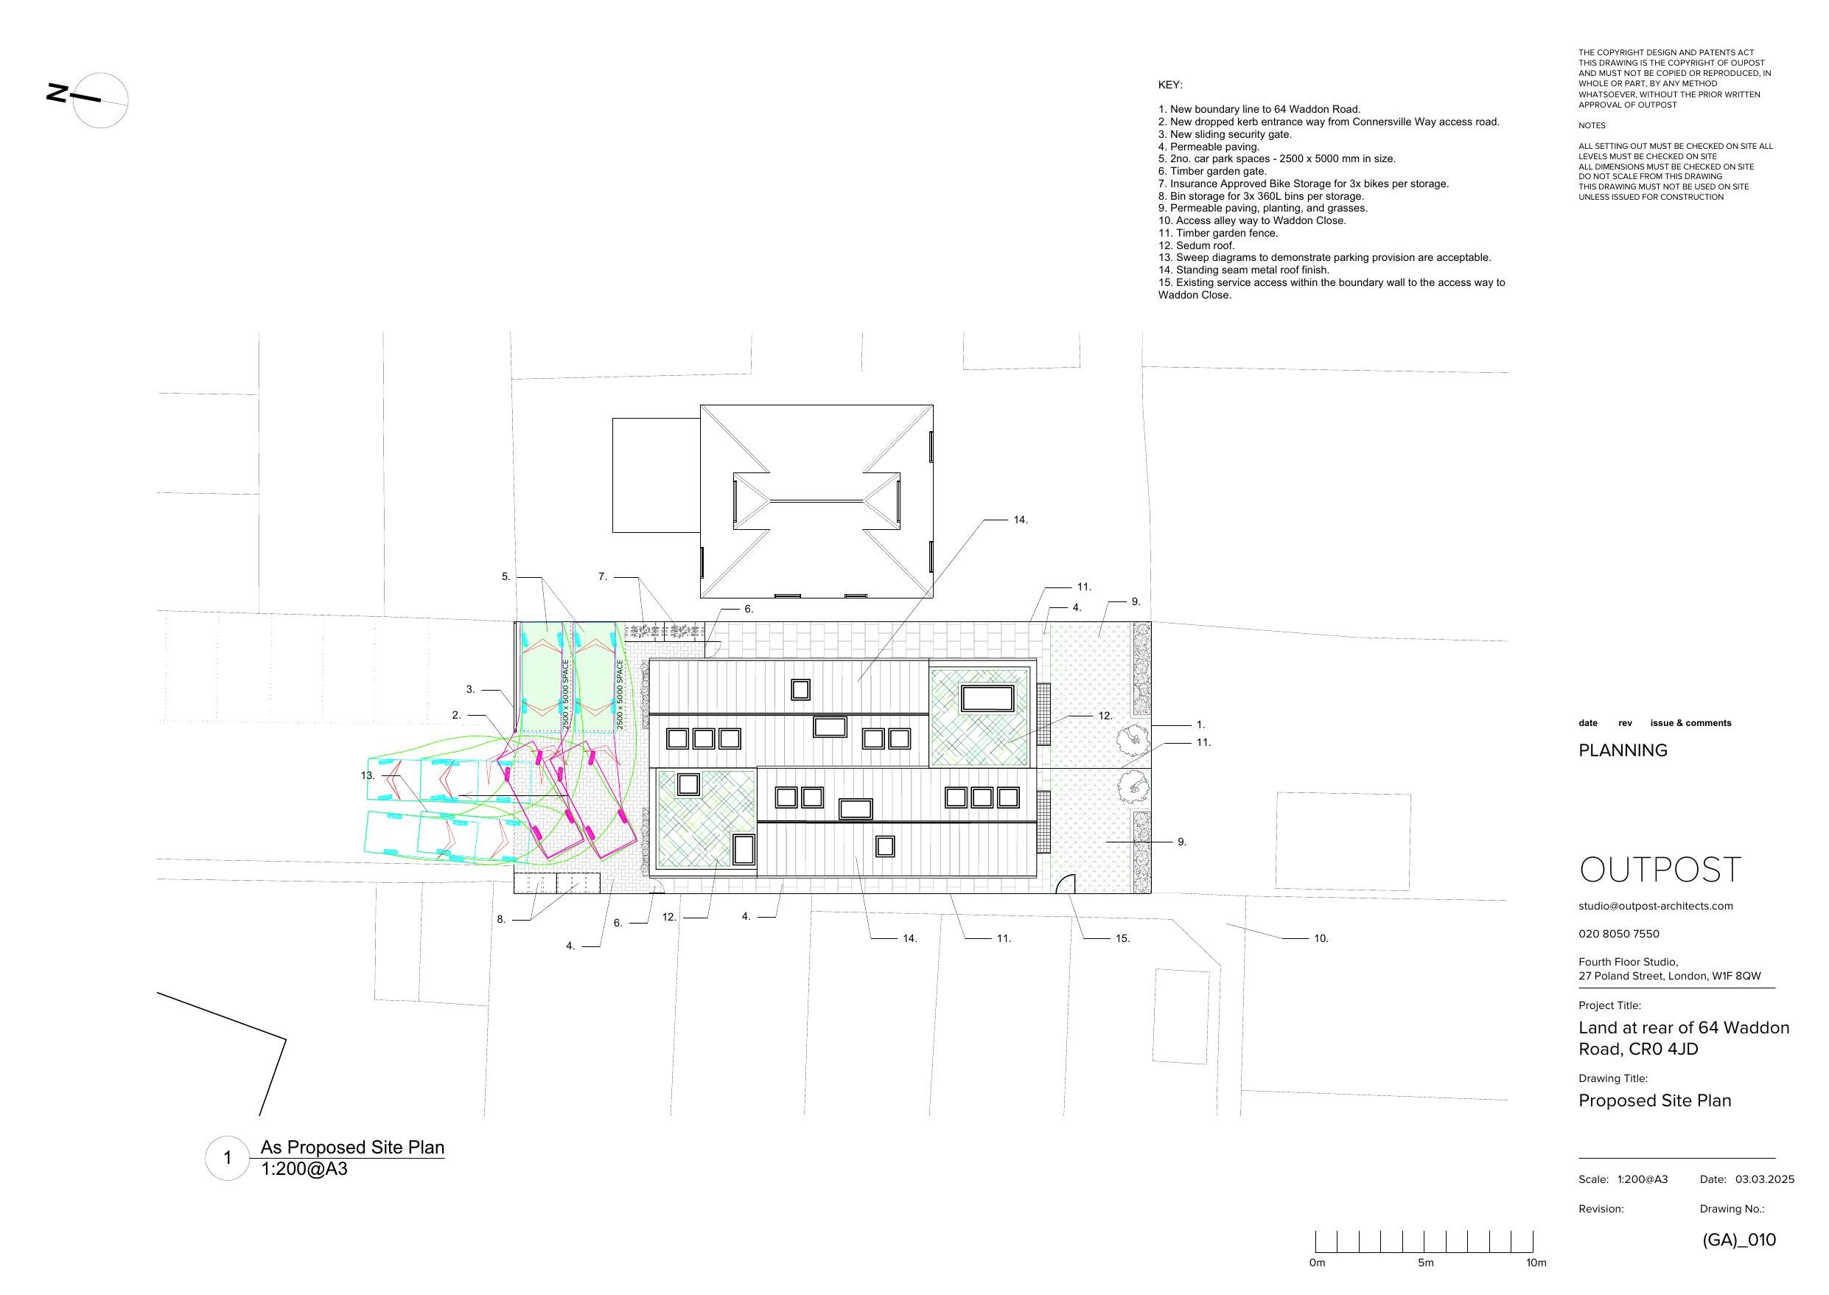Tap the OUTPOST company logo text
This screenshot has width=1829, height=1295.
point(1660,869)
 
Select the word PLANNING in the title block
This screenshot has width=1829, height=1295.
point(1623,750)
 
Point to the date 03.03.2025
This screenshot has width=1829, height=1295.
point(1764,1179)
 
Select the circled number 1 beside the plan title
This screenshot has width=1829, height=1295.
point(227,1158)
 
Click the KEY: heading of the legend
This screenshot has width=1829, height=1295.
point(1170,85)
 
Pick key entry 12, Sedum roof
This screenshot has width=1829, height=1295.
point(1196,245)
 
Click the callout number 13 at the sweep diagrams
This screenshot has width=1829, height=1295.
point(368,775)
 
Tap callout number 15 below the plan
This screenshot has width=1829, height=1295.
point(1122,938)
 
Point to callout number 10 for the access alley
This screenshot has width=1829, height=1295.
point(1321,938)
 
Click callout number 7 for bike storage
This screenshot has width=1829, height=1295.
point(604,576)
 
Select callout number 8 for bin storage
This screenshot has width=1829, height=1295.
point(502,919)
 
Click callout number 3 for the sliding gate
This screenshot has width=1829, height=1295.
point(471,690)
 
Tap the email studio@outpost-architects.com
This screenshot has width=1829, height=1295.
point(1655,906)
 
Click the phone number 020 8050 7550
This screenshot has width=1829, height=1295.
point(1618,934)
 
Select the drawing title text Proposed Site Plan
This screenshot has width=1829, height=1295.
point(1654,1100)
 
